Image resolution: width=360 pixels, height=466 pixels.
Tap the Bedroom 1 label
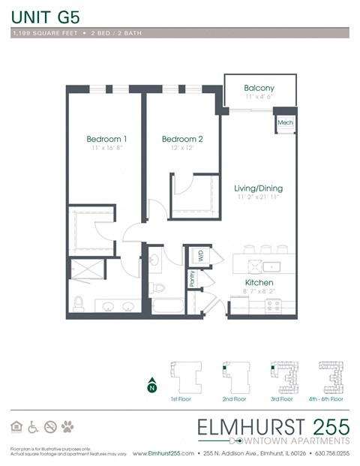(x=106, y=139)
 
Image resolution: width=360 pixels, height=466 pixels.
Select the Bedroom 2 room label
(x=182, y=139)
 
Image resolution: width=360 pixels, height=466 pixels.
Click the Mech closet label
(x=285, y=122)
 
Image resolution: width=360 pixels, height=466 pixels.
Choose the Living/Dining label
(x=258, y=188)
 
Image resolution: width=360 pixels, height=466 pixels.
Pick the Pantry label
(x=192, y=280)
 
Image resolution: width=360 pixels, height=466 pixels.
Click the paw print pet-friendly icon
(x=67, y=427)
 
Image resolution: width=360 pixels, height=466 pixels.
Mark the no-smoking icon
(x=50, y=427)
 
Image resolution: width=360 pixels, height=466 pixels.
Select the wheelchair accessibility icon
(x=33, y=427)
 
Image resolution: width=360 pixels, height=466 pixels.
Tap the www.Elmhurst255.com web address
(x=163, y=454)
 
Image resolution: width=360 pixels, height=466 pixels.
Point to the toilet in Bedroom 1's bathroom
(x=79, y=302)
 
